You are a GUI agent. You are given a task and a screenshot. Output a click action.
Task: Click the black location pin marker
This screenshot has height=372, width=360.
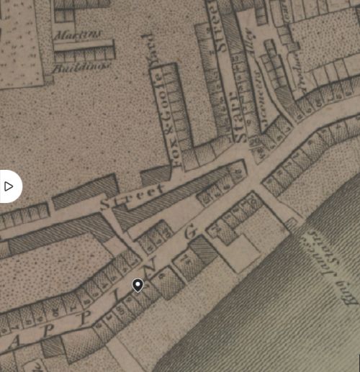coord(138,286)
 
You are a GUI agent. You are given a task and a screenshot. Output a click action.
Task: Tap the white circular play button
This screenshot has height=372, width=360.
coord(9,186)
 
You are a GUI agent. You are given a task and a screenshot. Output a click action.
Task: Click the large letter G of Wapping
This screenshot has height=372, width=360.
coord(191,232)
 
